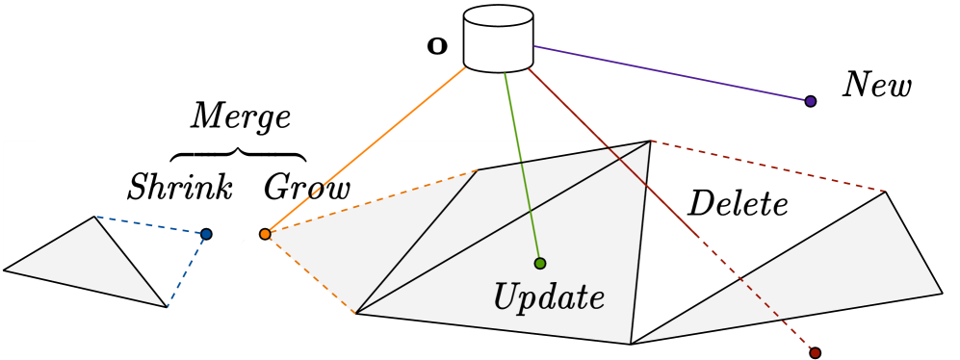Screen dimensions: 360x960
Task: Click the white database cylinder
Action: click(x=498, y=40)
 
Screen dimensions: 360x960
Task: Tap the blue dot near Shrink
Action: click(x=206, y=234)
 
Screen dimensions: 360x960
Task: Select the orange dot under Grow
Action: click(x=265, y=233)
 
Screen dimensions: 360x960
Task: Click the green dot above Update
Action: click(x=539, y=263)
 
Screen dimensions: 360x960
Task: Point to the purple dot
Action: click(x=811, y=101)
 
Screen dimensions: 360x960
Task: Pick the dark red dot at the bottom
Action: click(x=815, y=353)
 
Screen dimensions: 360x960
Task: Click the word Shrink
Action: click(x=180, y=187)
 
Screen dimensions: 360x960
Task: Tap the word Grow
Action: click(x=307, y=187)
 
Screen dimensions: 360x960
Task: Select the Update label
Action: click(x=549, y=297)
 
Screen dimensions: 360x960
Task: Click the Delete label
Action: click(x=739, y=204)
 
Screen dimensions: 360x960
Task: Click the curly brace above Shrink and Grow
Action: click(x=238, y=154)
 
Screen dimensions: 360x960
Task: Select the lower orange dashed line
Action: click(x=310, y=273)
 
